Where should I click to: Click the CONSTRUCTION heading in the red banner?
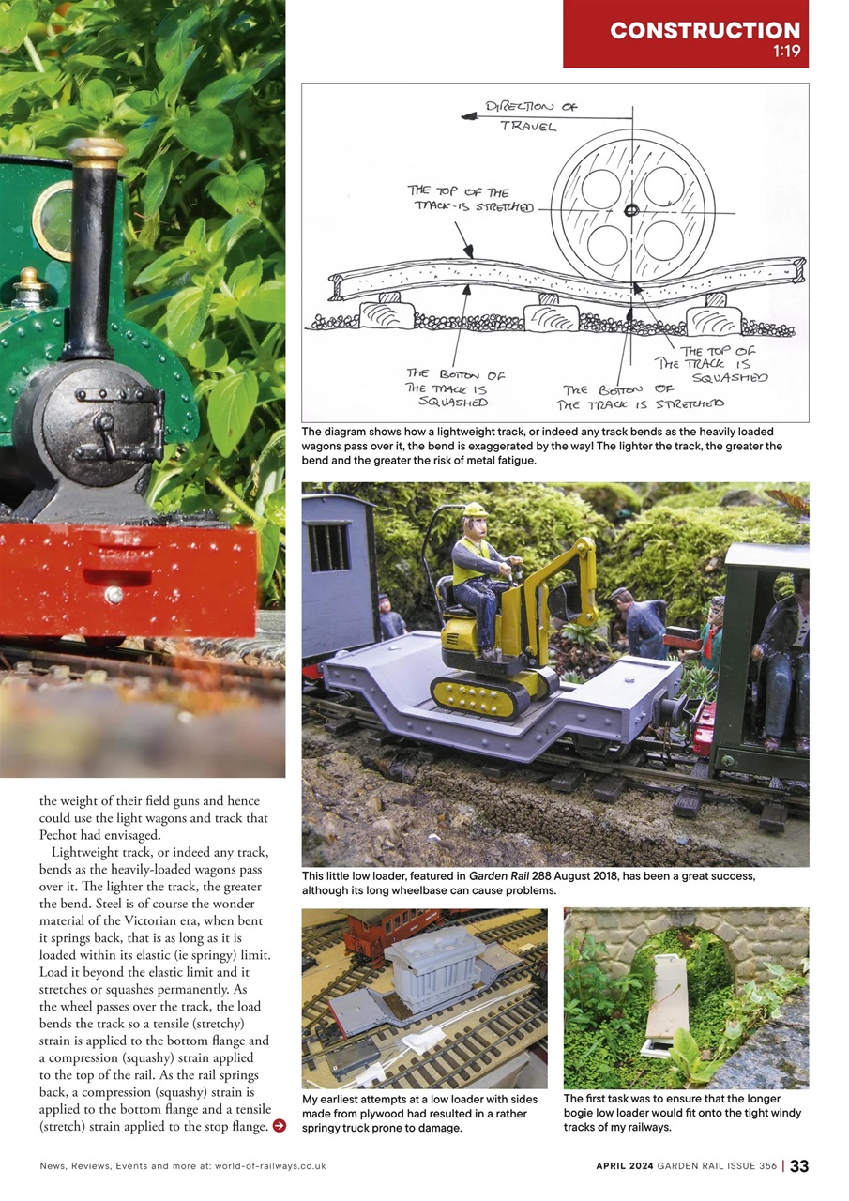click(705, 29)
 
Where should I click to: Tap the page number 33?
click(798, 1166)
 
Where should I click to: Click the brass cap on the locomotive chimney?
click(96, 151)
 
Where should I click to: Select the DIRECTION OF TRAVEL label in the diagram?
click(530, 116)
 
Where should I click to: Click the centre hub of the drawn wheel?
click(631, 209)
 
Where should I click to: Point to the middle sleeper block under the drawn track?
click(551, 316)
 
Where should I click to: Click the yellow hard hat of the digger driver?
click(475, 509)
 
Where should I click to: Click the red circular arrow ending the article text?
click(279, 1125)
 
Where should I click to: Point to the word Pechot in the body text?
click(61, 834)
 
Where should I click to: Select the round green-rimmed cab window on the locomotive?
click(53, 219)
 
